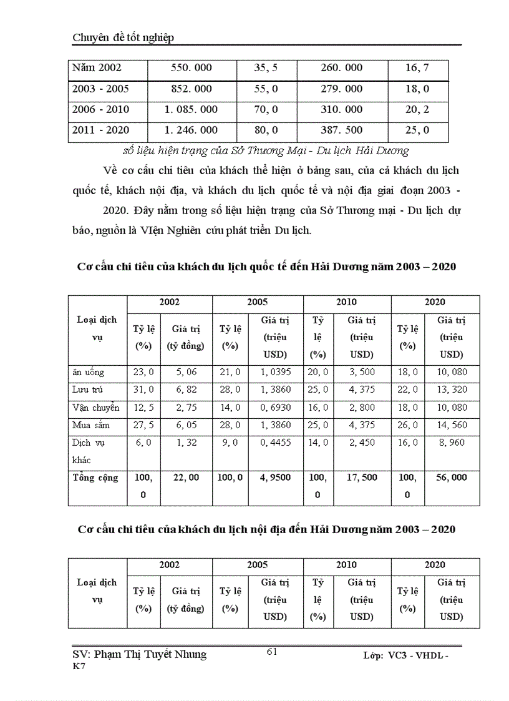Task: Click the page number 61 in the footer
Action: tap(272, 652)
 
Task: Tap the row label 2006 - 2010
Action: tap(100, 110)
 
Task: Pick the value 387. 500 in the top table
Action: tap(341, 131)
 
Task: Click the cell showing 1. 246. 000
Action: tap(191, 131)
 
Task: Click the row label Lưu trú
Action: tap(87, 390)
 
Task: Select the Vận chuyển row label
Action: tap(95, 407)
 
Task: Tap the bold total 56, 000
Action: tap(452, 478)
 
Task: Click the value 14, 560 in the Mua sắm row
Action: tap(452, 424)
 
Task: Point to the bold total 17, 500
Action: tap(362, 478)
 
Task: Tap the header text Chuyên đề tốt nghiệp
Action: tap(123, 38)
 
